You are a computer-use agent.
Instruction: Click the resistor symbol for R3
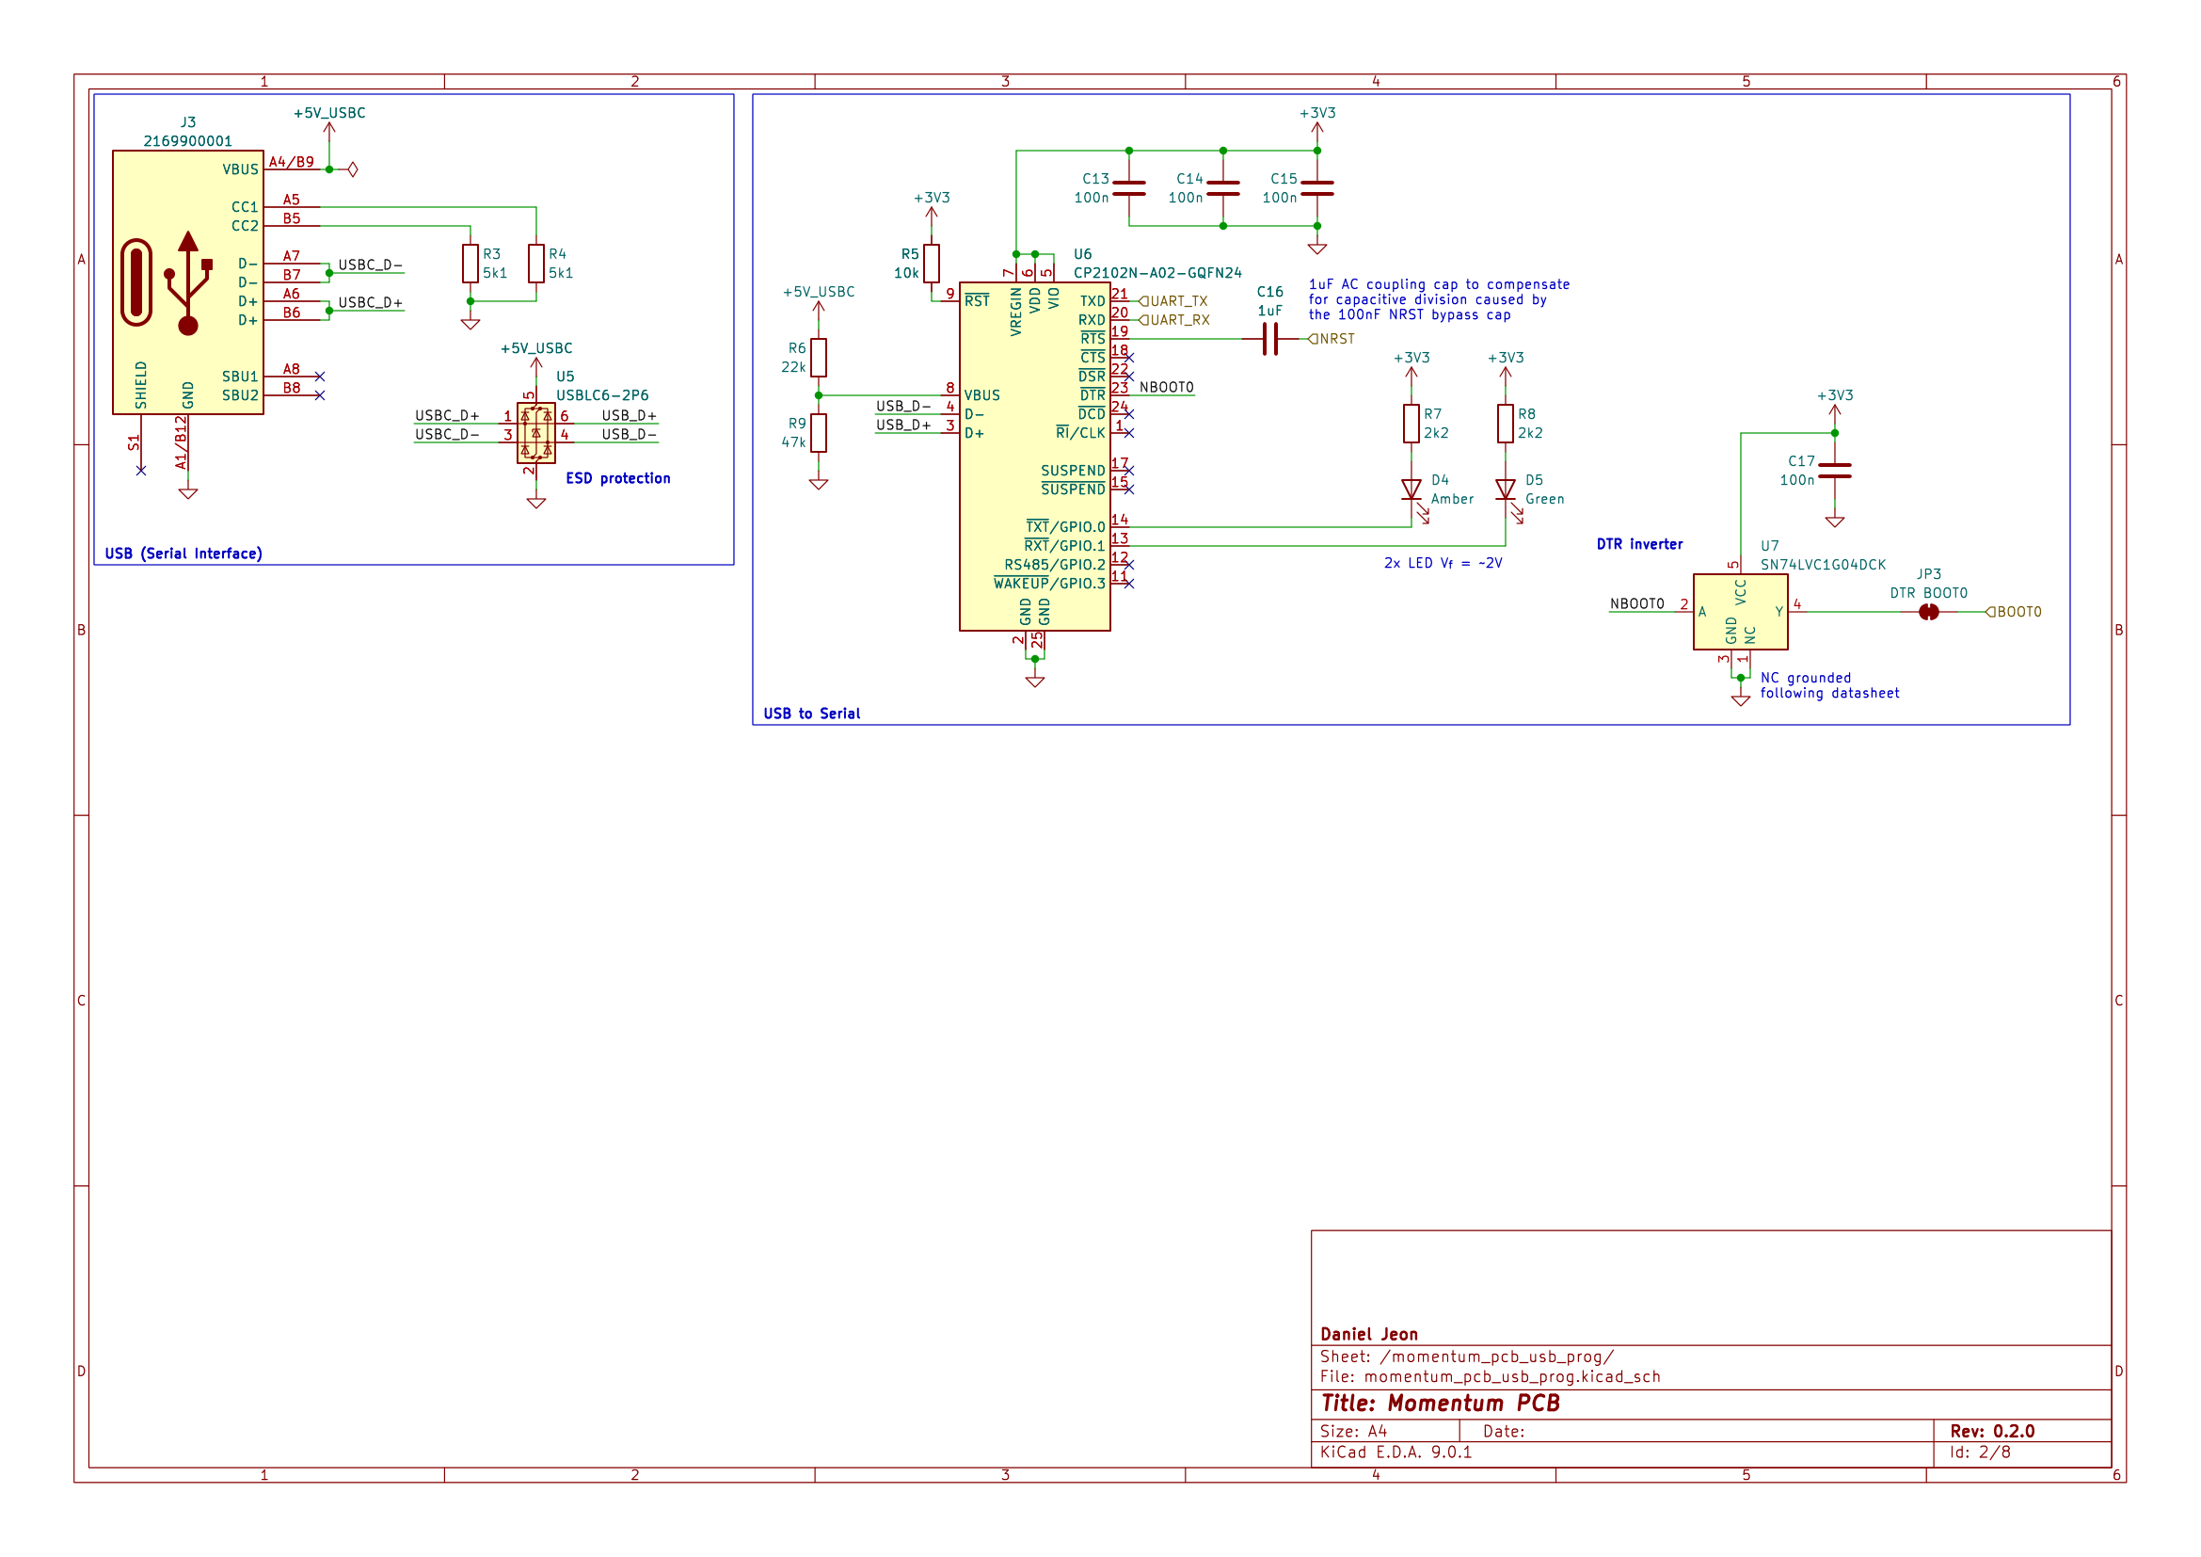tap(470, 264)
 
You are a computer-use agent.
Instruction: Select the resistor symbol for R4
tap(535, 264)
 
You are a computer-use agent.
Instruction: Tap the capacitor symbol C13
tap(1129, 189)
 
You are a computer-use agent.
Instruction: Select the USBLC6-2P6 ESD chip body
tap(535, 432)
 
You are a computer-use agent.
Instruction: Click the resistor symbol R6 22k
tap(818, 358)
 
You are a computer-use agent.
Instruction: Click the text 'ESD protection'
tap(617, 478)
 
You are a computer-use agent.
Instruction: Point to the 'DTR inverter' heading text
tap(1639, 544)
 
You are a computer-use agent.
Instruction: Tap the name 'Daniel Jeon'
tap(1369, 1335)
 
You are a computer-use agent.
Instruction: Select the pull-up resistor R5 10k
tap(931, 264)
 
